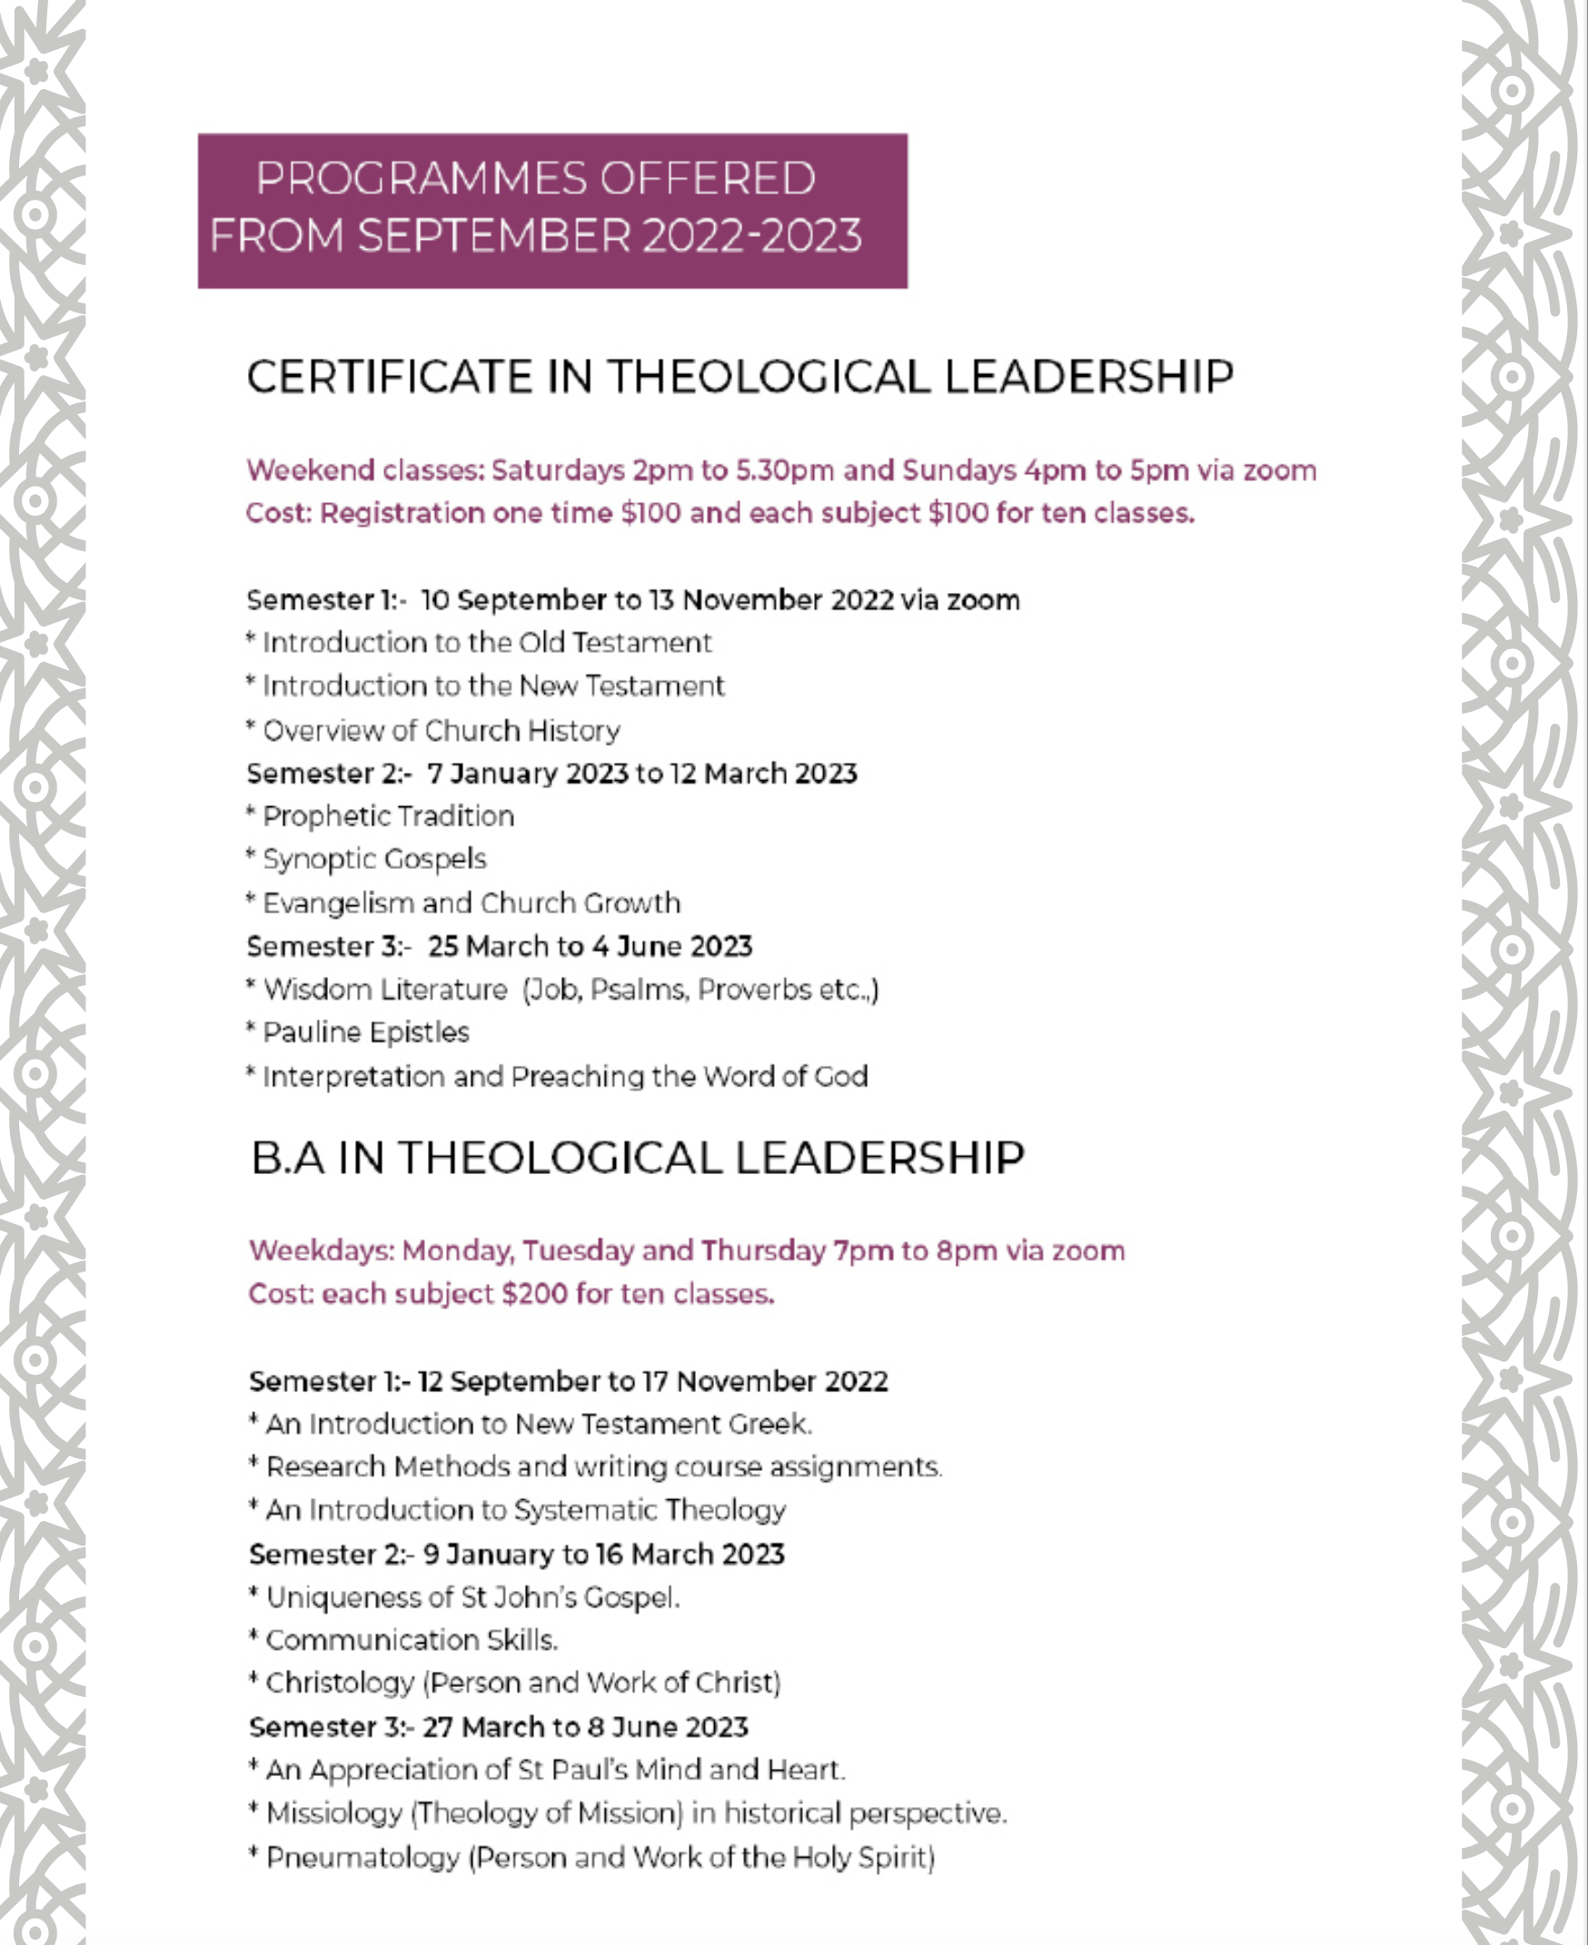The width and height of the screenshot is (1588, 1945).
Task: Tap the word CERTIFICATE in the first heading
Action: [x=389, y=378]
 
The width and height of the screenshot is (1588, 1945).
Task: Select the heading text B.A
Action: [x=286, y=1159]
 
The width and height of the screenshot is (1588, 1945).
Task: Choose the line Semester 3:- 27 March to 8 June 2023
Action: [x=499, y=1727]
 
